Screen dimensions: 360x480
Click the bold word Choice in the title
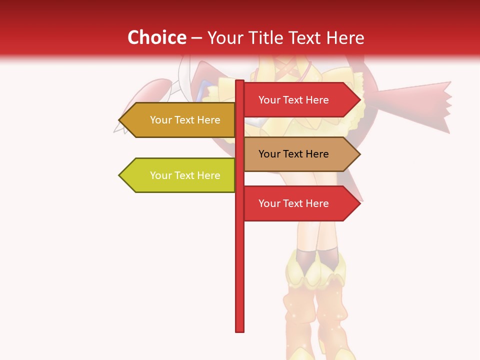click(156, 37)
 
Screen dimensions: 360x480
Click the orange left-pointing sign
click(180, 120)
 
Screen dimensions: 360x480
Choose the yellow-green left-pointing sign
click(180, 175)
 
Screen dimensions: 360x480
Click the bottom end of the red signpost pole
click(239, 330)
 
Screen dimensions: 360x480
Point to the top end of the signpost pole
click(239, 82)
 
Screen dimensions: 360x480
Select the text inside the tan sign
click(293, 154)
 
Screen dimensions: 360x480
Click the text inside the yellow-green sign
click(185, 175)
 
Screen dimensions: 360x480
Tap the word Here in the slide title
click(345, 37)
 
